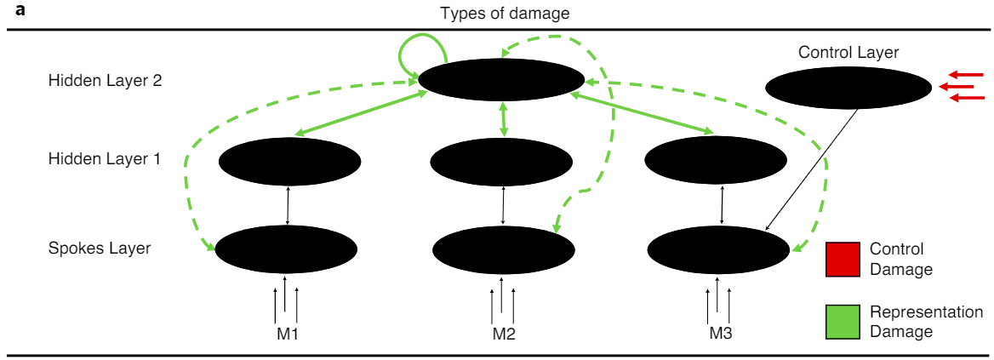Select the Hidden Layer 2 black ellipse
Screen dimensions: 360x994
501,80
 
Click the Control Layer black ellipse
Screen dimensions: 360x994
848,87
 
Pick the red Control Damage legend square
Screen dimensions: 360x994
843,260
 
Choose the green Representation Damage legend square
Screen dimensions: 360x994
843,322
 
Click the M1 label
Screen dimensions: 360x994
287,333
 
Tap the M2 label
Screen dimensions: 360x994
504,333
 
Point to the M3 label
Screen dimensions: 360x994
720,333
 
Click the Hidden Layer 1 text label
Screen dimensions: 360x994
105,159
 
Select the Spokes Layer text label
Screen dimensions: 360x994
100,249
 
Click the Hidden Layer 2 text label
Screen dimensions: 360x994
105,81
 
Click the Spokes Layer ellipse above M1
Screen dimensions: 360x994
286,249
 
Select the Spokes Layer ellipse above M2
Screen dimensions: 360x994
503,249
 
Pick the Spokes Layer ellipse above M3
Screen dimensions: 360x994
719,249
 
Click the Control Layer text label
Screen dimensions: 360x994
848,53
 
